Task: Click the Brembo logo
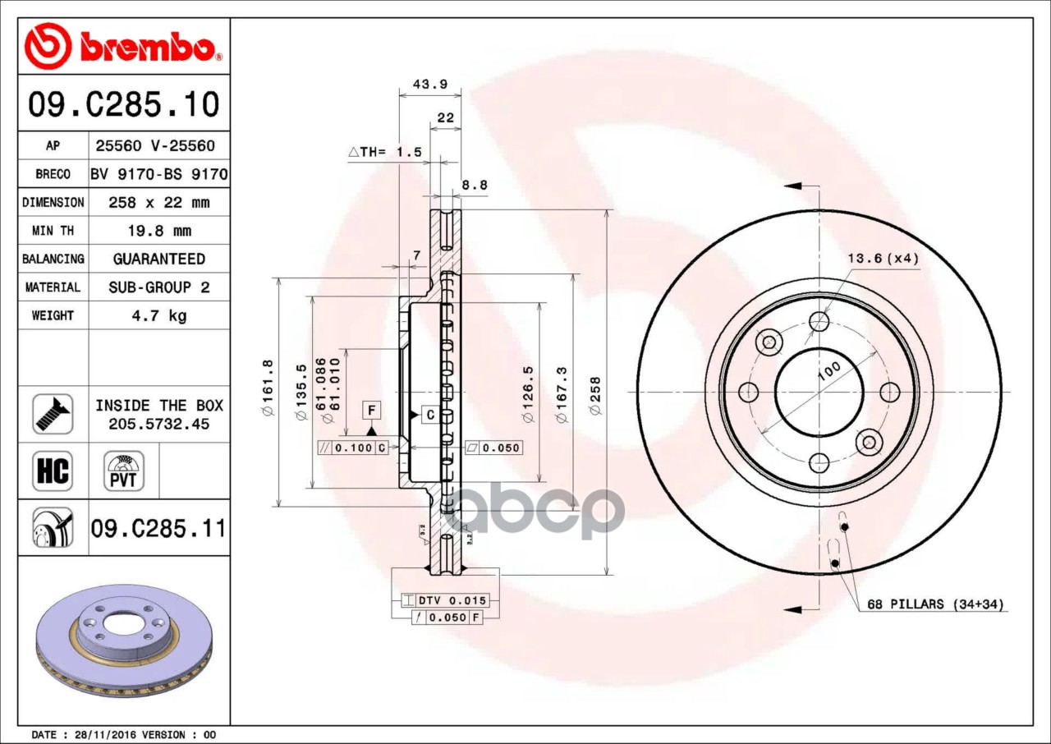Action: [123, 47]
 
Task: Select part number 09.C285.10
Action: [124, 104]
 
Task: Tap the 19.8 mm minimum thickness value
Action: [159, 231]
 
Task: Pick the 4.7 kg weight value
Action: [159, 315]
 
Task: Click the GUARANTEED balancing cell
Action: [159, 259]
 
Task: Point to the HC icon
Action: [53, 471]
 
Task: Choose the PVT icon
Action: [124, 471]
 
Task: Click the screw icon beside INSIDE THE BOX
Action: [53, 414]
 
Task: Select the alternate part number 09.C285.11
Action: [158, 528]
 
